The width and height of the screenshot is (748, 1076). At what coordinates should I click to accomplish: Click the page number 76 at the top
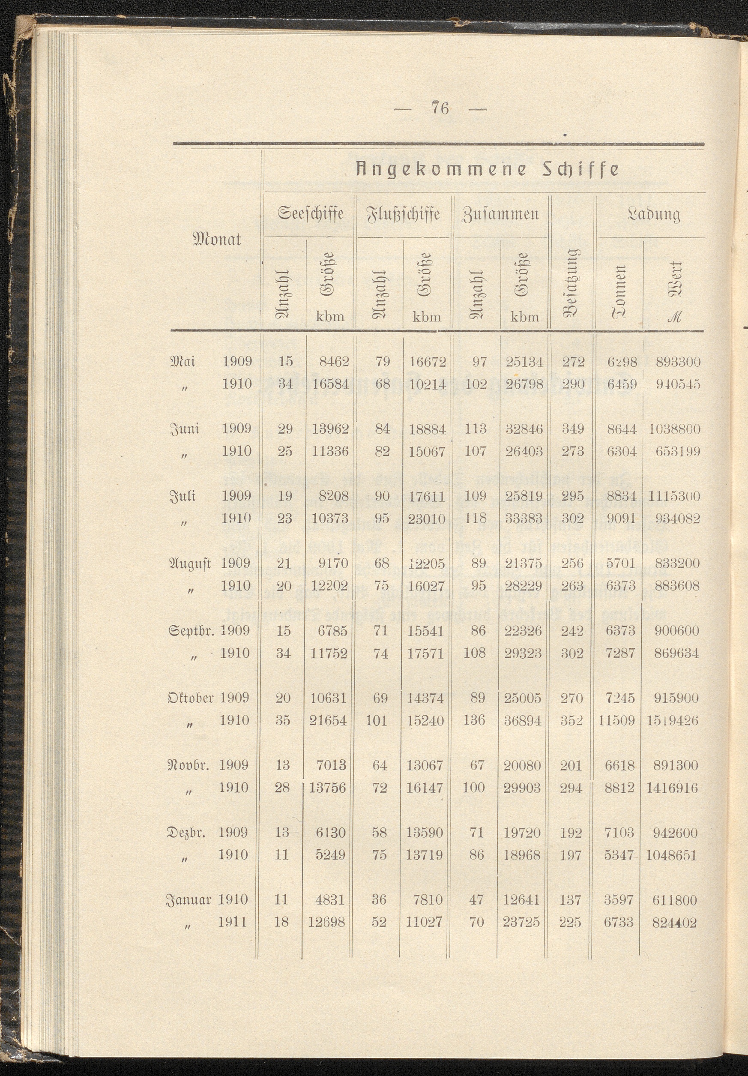pos(441,108)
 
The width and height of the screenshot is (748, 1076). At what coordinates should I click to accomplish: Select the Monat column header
pos(217,240)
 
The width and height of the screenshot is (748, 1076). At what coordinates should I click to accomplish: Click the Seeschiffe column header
pos(311,215)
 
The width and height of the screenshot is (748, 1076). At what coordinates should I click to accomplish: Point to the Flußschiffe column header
pos(406,215)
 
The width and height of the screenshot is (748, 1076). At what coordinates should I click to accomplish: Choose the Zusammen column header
pos(501,215)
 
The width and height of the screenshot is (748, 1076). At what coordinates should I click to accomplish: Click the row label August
pos(190,563)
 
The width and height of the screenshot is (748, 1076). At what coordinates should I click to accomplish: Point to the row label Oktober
pos(191,698)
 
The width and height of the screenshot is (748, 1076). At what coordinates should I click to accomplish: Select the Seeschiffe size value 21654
pos(328,720)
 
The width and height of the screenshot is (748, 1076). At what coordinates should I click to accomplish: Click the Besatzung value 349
pos(572,429)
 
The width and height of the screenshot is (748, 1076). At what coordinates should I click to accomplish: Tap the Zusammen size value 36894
pos(523,720)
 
